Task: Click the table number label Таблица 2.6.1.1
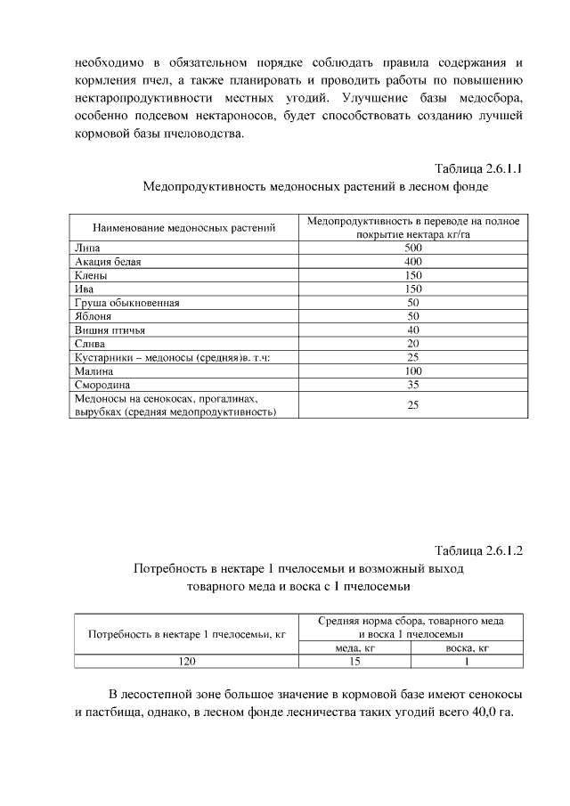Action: [x=477, y=168]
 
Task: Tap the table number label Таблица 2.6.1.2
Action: [x=477, y=549]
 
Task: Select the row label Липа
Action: [x=86, y=247]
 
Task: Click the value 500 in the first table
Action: [x=411, y=247]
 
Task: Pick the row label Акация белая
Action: [x=108, y=261]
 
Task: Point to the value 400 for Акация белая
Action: [x=411, y=261]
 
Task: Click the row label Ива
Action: [x=85, y=289]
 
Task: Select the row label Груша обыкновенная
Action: [x=127, y=303]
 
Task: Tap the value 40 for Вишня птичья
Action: [x=412, y=330]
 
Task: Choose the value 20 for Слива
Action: [x=412, y=343]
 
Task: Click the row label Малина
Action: [x=94, y=370]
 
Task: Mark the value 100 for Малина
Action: [x=411, y=370]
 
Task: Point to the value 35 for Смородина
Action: [x=412, y=385]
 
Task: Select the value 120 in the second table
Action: [x=187, y=661]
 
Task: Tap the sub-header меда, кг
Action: [x=354, y=647]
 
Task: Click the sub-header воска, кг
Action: [x=467, y=647]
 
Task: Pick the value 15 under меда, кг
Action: [x=354, y=661]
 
